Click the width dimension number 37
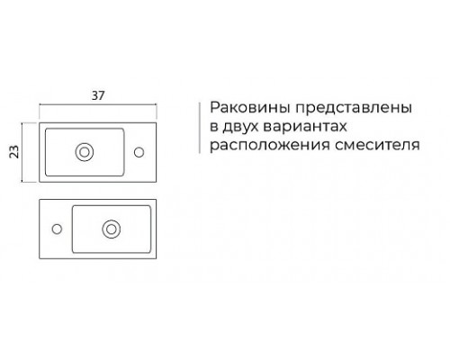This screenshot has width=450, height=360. click(x=98, y=95)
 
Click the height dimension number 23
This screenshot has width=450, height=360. click(x=14, y=151)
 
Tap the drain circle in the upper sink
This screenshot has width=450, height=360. click(x=85, y=152)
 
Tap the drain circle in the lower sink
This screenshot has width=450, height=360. click(x=112, y=229)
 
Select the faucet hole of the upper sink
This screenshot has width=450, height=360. click(x=139, y=152)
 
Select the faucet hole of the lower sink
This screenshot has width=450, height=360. click(x=57, y=229)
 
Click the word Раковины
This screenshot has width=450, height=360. click(x=250, y=108)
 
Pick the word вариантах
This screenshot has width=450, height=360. click(x=305, y=127)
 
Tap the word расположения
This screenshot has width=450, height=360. click(x=270, y=146)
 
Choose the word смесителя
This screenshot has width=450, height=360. click(x=377, y=146)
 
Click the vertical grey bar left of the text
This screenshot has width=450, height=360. click(x=200, y=128)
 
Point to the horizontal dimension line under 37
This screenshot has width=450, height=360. click(x=98, y=104)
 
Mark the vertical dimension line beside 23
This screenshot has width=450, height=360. click(x=22, y=152)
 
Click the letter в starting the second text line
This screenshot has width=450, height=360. click(x=213, y=127)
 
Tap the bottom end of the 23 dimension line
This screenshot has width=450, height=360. click(x=22, y=182)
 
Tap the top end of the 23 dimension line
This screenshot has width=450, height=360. click(x=22, y=122)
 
